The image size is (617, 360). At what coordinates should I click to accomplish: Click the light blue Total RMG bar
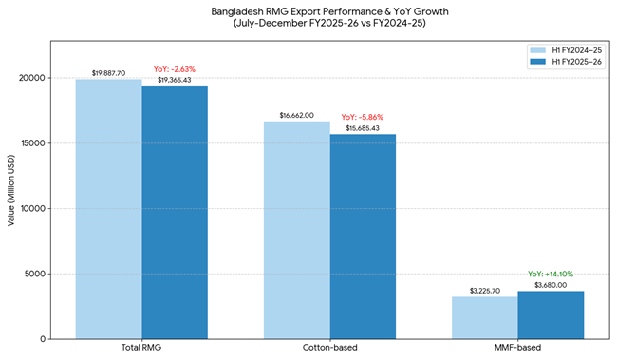pos(108,209)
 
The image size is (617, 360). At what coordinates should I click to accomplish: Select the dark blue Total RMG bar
pos(175,213)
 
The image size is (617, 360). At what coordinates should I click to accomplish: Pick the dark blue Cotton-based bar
pos(363,237)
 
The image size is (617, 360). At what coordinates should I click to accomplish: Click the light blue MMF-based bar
pos(484,317)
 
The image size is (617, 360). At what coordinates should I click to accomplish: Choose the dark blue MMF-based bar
pos(551,314)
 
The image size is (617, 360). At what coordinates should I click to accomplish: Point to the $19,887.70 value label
pos(108,72)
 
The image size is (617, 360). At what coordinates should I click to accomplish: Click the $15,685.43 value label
pos(363,127)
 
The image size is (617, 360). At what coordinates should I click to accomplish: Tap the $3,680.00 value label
pos(551,284)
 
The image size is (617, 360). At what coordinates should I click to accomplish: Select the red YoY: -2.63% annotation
pos(175,68)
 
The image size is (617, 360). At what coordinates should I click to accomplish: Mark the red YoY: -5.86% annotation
pos(363,117)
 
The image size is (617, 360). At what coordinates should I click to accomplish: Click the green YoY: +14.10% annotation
pos(551,274)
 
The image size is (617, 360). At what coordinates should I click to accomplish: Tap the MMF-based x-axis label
pos(517,348)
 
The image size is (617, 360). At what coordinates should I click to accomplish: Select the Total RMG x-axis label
pos(141,348)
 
